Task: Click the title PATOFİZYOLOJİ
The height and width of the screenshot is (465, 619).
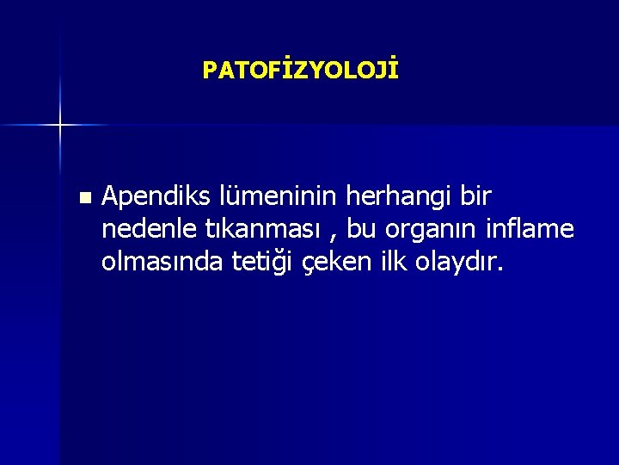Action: click(300, 70)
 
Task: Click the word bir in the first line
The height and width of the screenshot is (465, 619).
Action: click(475, 196)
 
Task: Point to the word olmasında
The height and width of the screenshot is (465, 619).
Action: click(162, 261)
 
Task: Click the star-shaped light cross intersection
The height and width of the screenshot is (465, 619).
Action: click(60, 126)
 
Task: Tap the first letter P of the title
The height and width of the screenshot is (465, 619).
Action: click(209, 71)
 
